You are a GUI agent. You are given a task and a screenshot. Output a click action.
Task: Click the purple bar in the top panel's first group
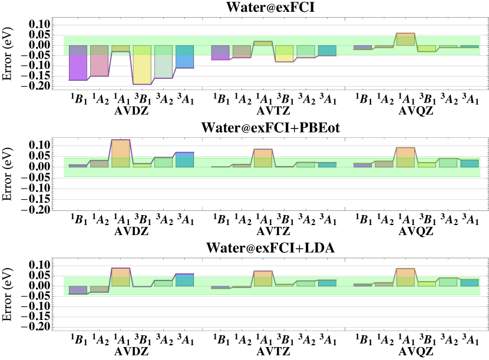[78, 62]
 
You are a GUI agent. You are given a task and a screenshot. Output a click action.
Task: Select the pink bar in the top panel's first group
[99, 61]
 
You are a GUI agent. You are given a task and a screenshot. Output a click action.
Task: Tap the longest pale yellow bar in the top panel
[142, 65]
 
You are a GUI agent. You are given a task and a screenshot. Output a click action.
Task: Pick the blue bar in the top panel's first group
[184, 57]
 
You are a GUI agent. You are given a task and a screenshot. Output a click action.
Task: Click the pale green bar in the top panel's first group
[163, 61]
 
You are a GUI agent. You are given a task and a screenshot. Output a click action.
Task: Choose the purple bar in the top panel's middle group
[220, 52]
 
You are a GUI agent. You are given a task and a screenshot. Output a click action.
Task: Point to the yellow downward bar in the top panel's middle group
[284, 54]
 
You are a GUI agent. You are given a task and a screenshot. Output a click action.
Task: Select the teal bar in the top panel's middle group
[327, 51]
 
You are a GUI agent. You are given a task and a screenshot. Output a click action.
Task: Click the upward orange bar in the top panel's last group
[405, 39]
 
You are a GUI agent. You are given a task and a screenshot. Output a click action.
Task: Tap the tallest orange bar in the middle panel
[121, 153]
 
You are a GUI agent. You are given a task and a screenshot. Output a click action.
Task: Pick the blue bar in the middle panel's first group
[184, 160]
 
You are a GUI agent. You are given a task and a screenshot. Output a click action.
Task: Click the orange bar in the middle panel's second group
[263, 158]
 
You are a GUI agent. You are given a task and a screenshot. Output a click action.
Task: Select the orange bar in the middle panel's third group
[405, 157]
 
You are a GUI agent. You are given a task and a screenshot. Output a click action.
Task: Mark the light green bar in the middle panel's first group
[163, 162]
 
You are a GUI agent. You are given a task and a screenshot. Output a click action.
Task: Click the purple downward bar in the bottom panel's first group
[78, 290]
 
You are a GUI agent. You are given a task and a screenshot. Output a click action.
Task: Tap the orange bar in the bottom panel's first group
[121, 277]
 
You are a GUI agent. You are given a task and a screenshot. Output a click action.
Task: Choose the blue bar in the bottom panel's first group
[184, 280]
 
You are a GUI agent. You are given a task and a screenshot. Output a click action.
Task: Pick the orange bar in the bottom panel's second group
[263, 279]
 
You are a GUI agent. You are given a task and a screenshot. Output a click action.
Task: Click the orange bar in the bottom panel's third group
[405, 277]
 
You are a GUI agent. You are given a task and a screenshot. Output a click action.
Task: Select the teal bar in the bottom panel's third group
[470, 283]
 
